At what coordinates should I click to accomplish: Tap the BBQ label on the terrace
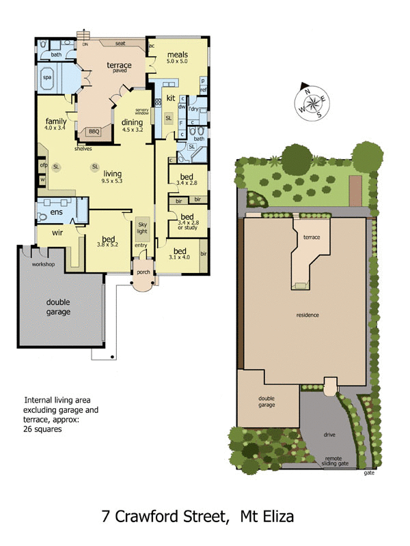[92, 131]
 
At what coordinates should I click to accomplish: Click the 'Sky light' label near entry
[142, 228]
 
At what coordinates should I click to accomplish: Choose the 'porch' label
[143, 272]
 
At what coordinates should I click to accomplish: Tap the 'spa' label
[47, 78]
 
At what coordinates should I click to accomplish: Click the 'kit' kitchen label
[171, 98]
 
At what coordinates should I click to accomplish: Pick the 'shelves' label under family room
[83, 148]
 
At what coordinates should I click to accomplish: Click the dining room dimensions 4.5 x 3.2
[133, 130]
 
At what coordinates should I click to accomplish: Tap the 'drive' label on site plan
[329, 434]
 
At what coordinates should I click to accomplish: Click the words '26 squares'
[42, 430]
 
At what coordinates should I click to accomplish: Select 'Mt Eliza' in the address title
[267, 517]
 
